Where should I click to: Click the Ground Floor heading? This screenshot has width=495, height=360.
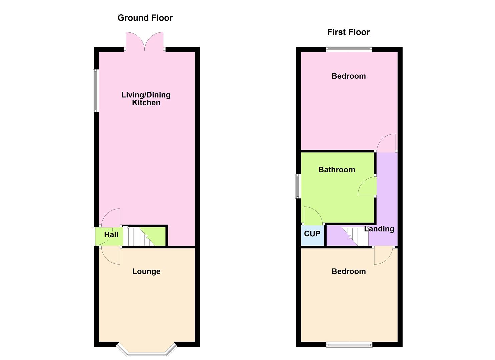(145, 18)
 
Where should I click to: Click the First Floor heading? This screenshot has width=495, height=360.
(348, 32)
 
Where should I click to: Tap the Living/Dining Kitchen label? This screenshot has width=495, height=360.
(146, 99)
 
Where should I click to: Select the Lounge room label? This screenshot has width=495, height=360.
(146, 271)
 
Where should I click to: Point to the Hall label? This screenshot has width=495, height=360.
(111, 235)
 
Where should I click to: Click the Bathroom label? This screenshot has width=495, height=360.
(337, 170)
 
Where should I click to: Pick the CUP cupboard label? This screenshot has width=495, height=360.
(312, 234)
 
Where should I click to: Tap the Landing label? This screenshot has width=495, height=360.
(379, 229)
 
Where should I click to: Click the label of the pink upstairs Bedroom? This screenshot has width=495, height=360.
(349, 76)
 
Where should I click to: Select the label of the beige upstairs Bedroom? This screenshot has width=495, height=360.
(349, 271)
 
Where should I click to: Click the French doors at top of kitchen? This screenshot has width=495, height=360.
(145, 42)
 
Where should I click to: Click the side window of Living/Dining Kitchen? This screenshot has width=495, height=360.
(96, 90)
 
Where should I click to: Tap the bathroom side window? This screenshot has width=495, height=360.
(298, 186)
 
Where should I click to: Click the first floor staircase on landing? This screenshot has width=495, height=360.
(355, 236)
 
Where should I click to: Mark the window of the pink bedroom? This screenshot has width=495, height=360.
(349, 49)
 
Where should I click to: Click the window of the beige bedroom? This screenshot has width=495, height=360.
(349, 345)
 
